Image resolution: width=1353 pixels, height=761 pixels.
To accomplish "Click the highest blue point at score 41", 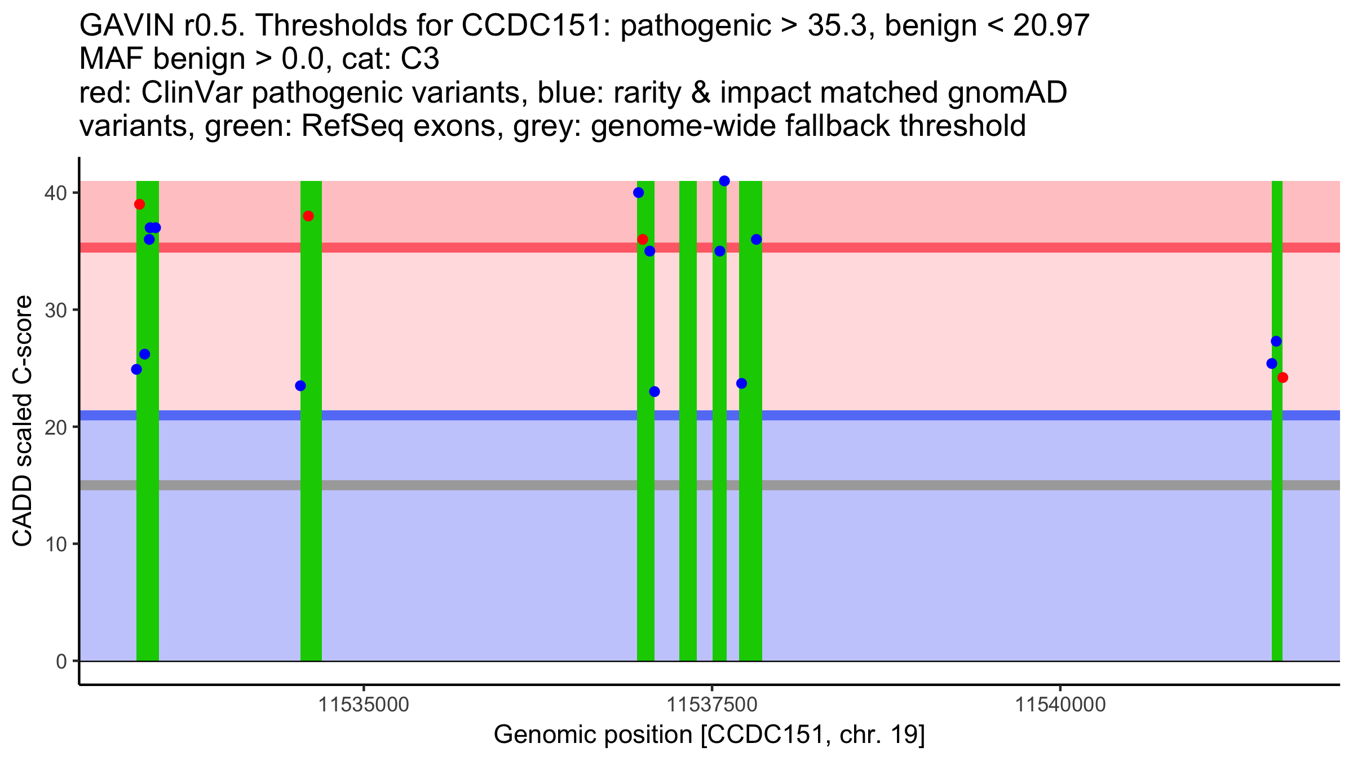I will pyautogui.click(x=724, y=181).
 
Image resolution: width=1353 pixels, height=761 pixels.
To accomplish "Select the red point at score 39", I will pyautogui.click(x=140, y=204).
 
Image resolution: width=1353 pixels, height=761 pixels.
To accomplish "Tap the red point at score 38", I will pyautogui.click(x=308, y=216).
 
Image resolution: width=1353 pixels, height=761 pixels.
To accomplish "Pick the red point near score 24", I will pyautogui.click(x=1283, y=378).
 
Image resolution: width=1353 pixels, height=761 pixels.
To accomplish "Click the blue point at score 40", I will pyautogui.click(x=639, y=193).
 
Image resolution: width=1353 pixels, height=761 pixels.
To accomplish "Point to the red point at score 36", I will pyautogui.click(x=643, y=240).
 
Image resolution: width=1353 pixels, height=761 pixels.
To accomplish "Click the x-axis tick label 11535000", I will pyautogui.click(x=364, y=705).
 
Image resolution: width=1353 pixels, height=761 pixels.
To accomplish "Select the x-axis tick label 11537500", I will pyautogui.click(x=713, y=705).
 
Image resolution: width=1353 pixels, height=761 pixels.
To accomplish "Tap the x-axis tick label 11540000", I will pyautogui.click(x=1061, y=705).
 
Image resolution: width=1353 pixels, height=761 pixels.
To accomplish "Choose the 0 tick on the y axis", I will pyautogui.click(x=61, y=661).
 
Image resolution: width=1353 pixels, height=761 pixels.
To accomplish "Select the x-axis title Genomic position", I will pyautogui.click(x=709, y=735).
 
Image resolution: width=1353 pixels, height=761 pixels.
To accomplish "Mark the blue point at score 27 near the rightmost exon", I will pyautogui.click(x=1276, y=342).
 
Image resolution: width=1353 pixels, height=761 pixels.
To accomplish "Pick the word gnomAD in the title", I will pyautogui.click(x=1007, y=93).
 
